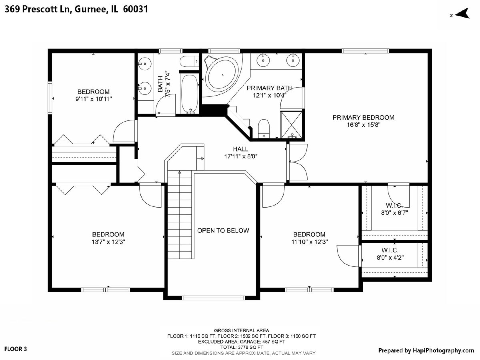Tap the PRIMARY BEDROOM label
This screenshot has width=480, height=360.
click(364, 118)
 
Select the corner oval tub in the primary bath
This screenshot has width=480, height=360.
click(222, 75)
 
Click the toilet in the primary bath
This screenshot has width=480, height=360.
click(264, 128)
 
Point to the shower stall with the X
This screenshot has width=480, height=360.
click(291, 124)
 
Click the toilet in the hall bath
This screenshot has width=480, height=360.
click(190, 62)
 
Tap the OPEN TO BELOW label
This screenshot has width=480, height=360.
click(223, 231)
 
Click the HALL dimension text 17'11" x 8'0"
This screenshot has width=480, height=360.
click(241, 156)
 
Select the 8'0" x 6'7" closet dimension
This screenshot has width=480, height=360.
click(395, 213)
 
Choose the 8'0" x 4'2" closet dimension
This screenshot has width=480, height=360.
click(390, 258)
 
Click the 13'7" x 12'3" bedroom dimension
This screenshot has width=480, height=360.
click(108, 242)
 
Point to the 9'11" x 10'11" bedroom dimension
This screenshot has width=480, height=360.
click(94, 99)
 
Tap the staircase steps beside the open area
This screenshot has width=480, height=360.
click(180, 215)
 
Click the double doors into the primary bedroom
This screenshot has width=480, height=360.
click(298, 162)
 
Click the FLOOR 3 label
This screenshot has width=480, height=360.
click(16, 349)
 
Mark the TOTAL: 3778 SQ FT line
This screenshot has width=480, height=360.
click(242, 347)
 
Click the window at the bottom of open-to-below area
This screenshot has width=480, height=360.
click(214, 298)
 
